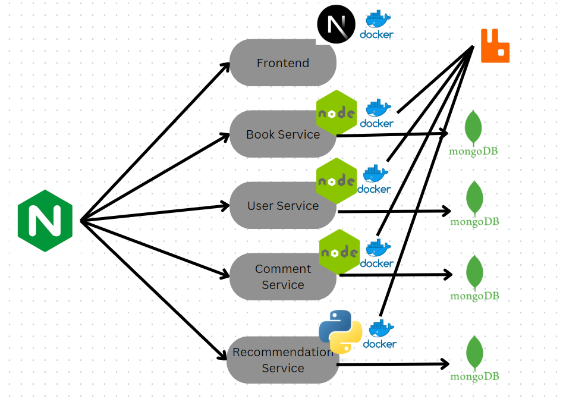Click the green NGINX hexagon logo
(x=45, y=221)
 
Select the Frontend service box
(x=282, y=63)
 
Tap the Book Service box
(x=282, y=134)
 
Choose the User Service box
(x=282, y=206)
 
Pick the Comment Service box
(x=282, y=277)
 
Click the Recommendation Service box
(x=282, y=360)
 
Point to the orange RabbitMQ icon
(x=495, y=46)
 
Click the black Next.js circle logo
(x=336, y=25)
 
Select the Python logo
(x=340, y=332)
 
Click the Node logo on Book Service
(x=336, y=112)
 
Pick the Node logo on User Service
(x=336, y=181)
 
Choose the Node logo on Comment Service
(x=339, y=252)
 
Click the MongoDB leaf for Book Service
(x=473, y=127)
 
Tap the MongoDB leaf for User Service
(x=474, y=198)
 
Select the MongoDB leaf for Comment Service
(x=474, y=272)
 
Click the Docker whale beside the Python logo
(x=380, y=329)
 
